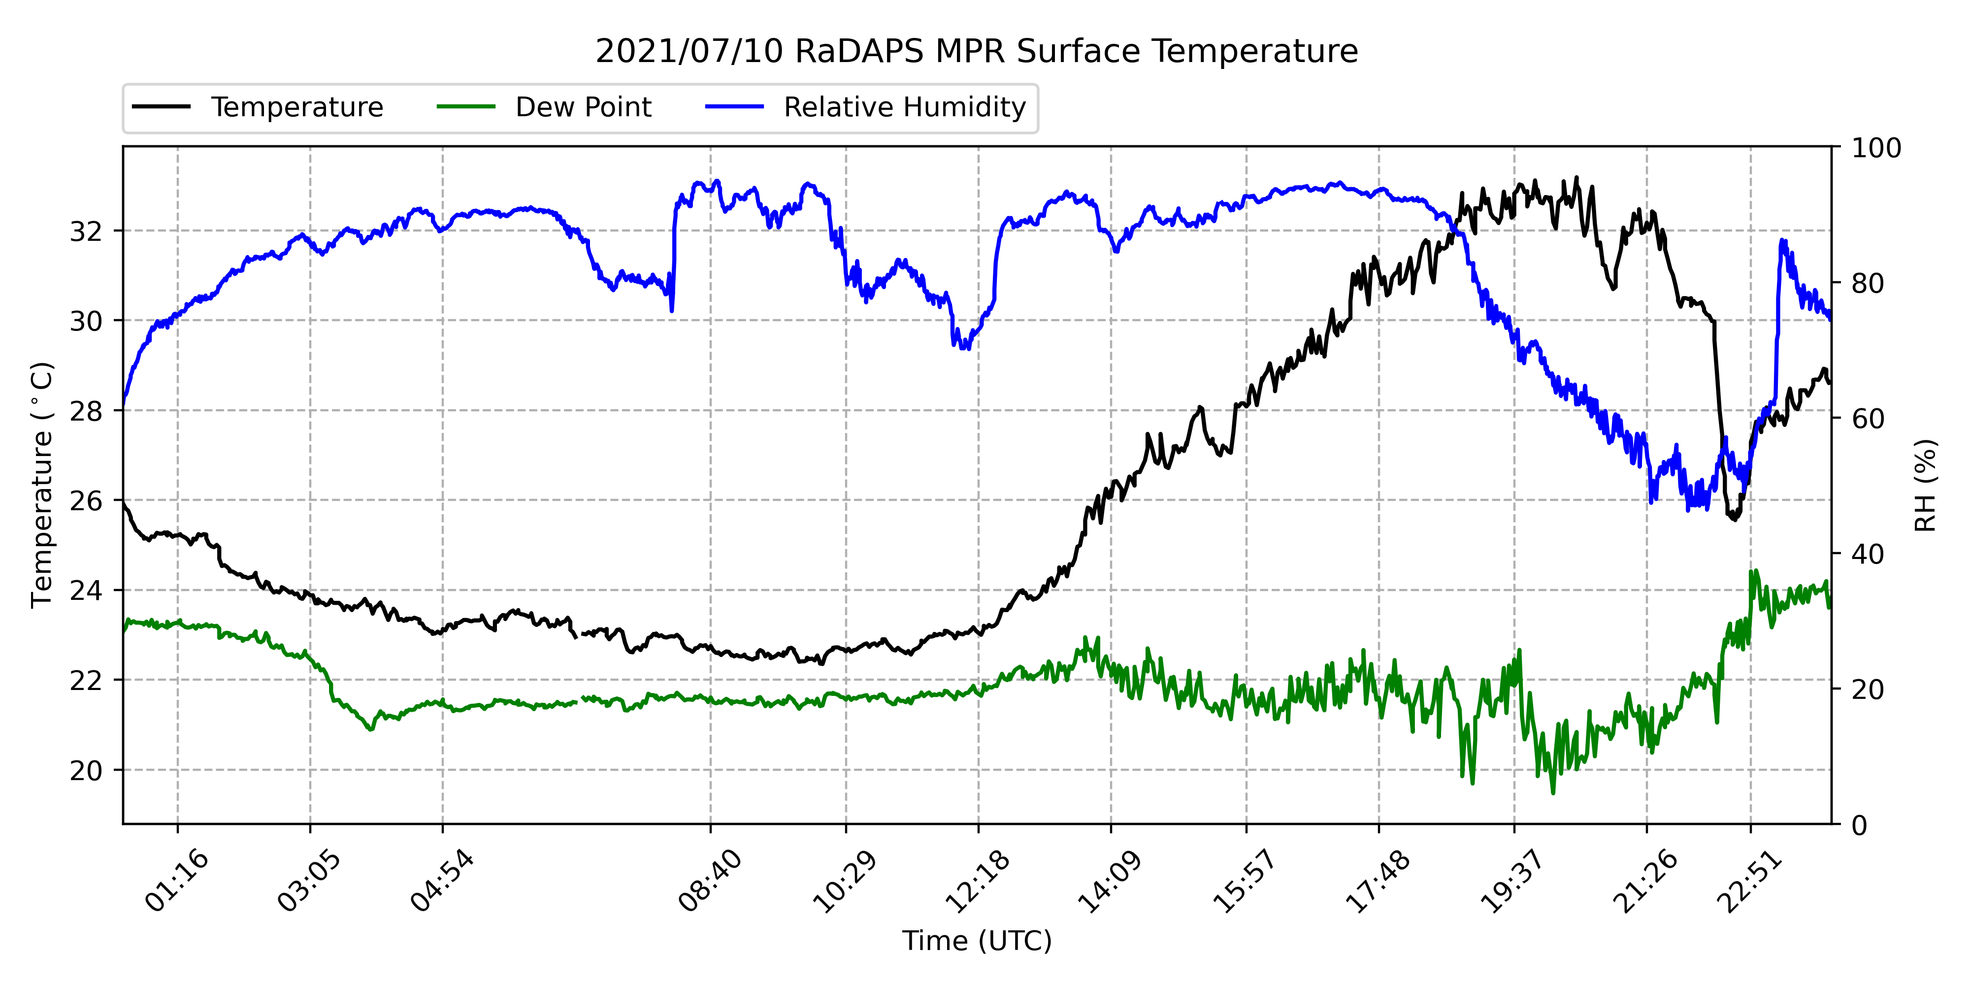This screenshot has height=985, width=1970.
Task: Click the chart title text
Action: click(977, 51)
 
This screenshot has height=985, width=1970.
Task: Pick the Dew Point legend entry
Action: click(545, 107)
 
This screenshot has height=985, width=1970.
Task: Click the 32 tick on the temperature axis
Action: click(86, 231)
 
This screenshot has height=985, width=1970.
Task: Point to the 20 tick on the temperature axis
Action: click(86, 770)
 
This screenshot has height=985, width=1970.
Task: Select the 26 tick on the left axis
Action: click(86, 501)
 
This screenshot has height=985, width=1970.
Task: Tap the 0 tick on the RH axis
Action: click(1859, 825)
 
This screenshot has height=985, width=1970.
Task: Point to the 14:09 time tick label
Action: click(1110, 881)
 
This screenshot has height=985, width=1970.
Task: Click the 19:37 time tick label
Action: click(1512, 881)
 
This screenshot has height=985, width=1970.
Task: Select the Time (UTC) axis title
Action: click(977, 941)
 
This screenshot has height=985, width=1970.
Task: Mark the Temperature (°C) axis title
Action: click(43, 485)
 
